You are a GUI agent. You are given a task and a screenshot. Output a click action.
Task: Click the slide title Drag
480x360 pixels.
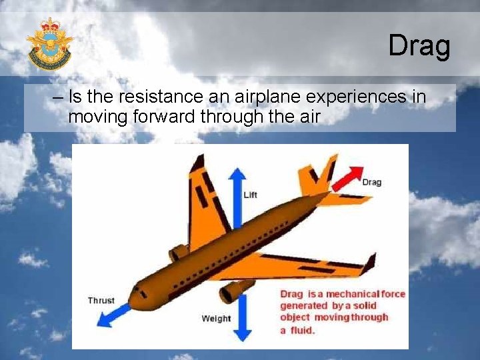tap(419, 46)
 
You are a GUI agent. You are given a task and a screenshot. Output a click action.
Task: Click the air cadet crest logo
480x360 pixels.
tap(49, 44)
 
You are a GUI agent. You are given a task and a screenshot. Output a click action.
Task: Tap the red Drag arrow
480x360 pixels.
tap(345, 179)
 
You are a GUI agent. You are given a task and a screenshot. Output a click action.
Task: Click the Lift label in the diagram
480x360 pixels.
tap(250, 195)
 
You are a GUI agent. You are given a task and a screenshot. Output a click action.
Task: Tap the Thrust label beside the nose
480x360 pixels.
tap(101, 301)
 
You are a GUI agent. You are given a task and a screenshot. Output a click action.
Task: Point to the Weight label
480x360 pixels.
tap(216, 319)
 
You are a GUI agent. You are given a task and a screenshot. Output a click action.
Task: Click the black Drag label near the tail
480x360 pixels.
tap(371, 182)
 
